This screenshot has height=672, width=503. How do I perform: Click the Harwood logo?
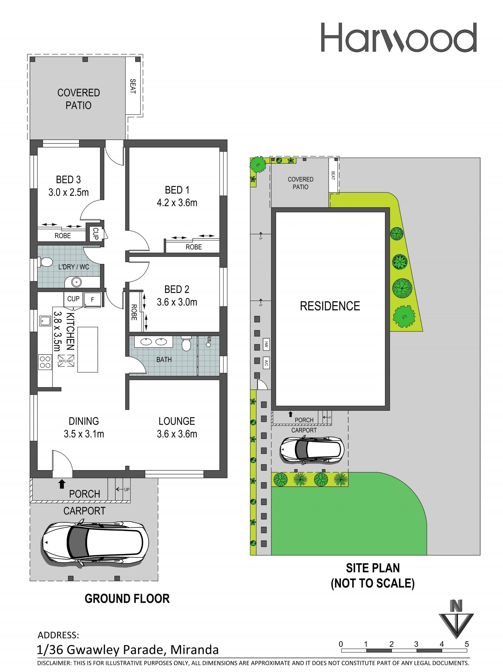398,37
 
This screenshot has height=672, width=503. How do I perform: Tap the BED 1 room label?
177,190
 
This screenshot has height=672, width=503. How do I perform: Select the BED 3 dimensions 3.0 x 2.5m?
69,192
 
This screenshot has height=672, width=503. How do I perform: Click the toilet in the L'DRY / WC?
46,262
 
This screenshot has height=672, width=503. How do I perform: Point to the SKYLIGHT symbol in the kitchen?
66,361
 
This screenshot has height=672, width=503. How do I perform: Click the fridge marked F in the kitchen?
92,300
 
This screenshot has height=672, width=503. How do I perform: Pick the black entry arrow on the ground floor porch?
62,484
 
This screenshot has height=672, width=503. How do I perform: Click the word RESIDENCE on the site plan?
330,306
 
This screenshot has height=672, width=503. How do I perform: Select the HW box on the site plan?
266,345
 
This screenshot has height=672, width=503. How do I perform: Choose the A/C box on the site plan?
266,362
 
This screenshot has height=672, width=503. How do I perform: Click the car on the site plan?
312,450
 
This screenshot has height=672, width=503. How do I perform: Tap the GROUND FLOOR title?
127,599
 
